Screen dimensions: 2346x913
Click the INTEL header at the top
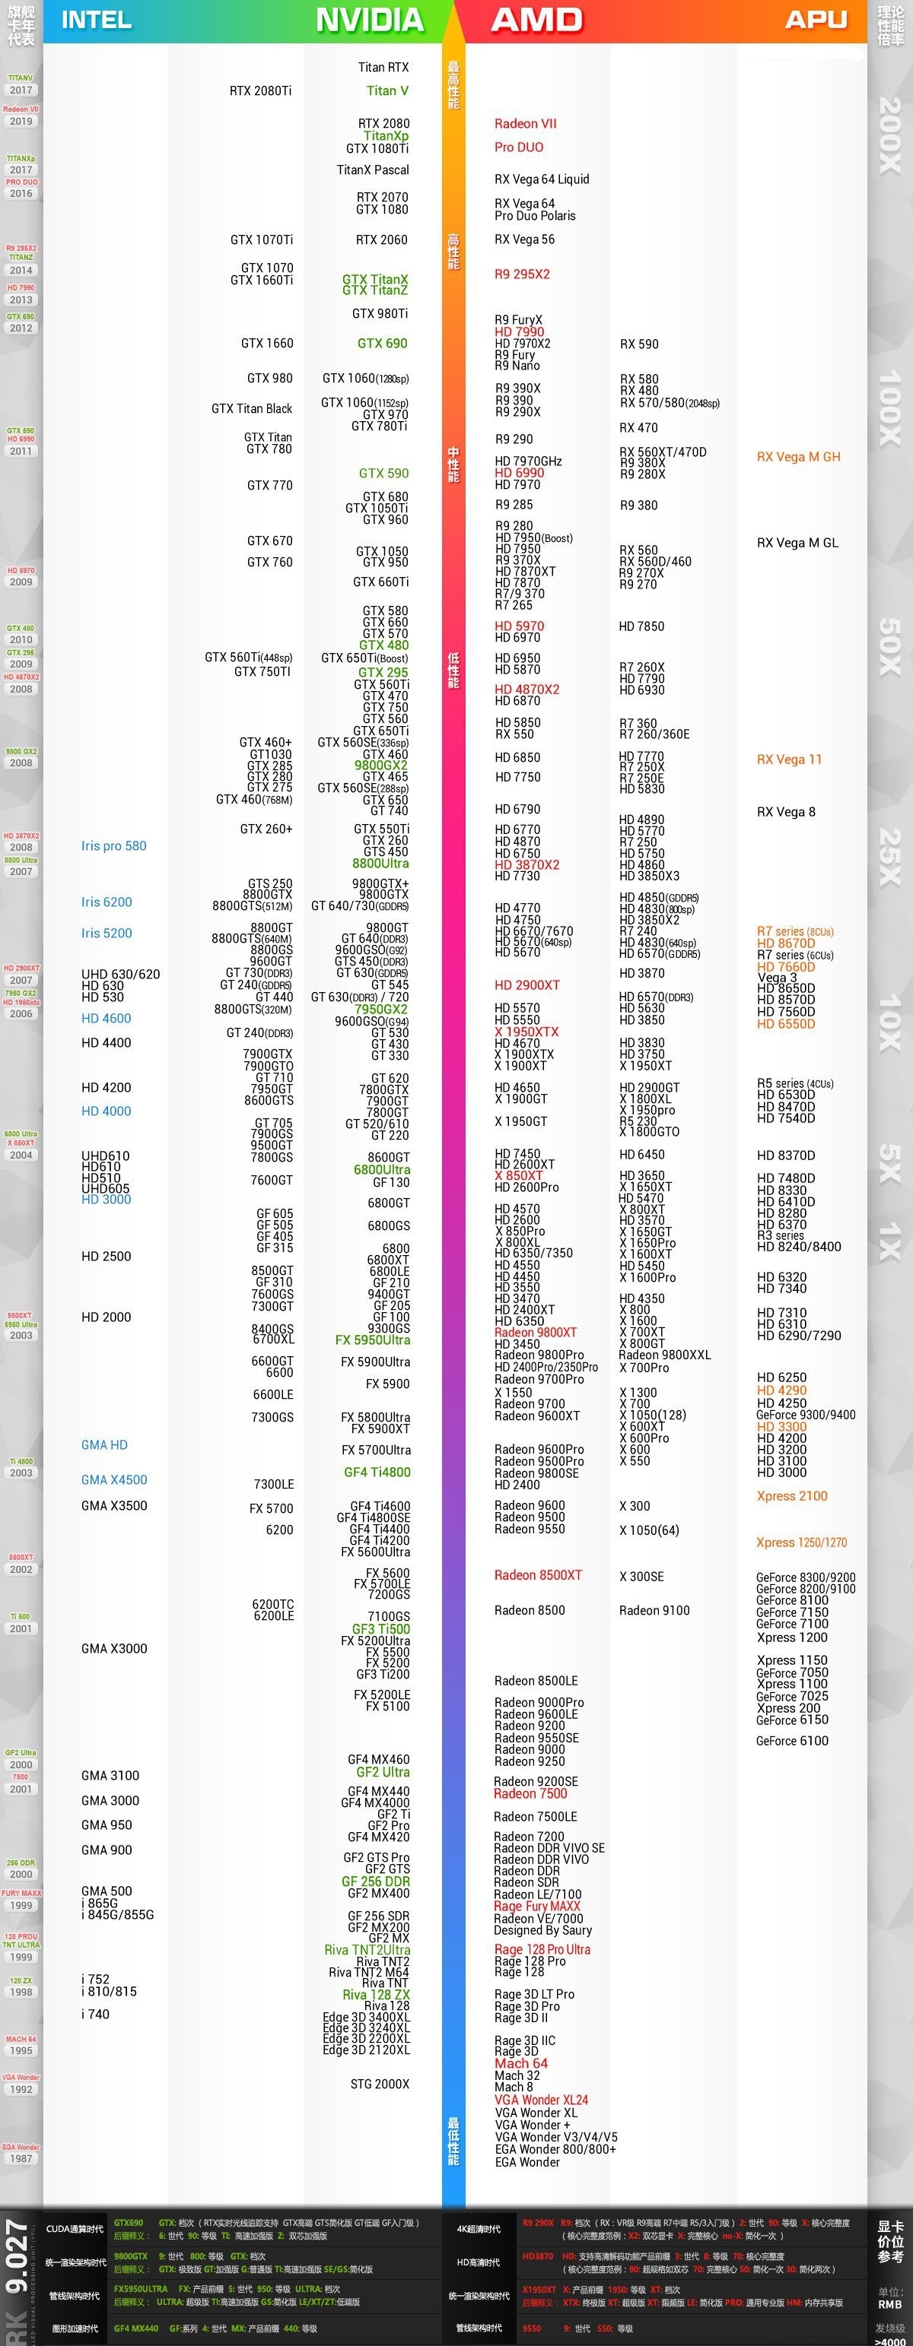(96, 19)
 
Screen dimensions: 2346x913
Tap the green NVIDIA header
(369, 19)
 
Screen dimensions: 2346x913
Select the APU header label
(816, 19)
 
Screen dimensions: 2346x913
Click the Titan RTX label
(383, 68)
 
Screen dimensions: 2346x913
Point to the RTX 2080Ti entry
(261, 91)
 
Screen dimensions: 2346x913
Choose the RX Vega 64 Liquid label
(541, 179)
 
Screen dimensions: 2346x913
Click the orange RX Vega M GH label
(798, 457)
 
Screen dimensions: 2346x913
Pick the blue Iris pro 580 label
(114, 846)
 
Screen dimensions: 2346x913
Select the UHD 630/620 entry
(120, 975)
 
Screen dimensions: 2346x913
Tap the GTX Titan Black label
(252, 409)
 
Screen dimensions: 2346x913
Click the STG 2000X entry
(380, 2084)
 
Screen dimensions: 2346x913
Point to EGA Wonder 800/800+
(555, 2149)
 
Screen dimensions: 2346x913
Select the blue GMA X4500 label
(114, 1480)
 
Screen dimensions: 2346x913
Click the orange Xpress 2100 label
(792, 1495)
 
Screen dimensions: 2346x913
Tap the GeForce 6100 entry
(792, 1740)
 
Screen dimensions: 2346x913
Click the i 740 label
(95, 2014)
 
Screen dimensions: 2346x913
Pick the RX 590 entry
(639, 344)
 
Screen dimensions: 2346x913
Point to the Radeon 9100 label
(654, 1610)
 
